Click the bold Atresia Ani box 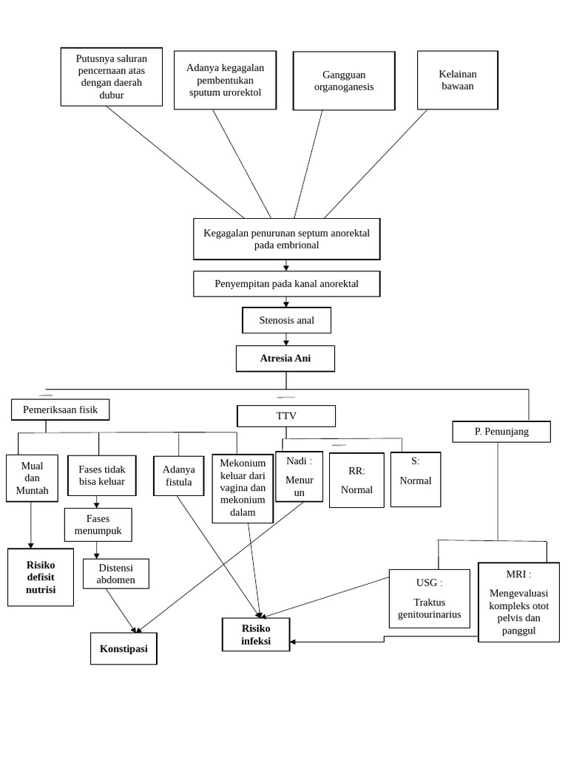click(285, 359)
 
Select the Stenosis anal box click(286, 320)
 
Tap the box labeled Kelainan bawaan click(457, 80)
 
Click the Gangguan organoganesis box click(344, 81)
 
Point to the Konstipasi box click(124, 648)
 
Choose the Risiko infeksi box click(256, 634)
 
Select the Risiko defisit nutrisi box click(41, 577)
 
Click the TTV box click(286, 415)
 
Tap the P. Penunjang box click(501, 431)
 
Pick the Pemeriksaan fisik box click(60, 410)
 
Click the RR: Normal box click(356, 480)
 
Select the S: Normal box click(415, 479)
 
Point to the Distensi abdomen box click(115, 574)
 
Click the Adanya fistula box click(178, 475)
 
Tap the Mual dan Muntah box click(32, 478)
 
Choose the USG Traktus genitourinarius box click(429, 598)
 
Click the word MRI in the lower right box click(515, 574)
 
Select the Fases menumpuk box click(98, 525)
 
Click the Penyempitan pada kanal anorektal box click(286, 284)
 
